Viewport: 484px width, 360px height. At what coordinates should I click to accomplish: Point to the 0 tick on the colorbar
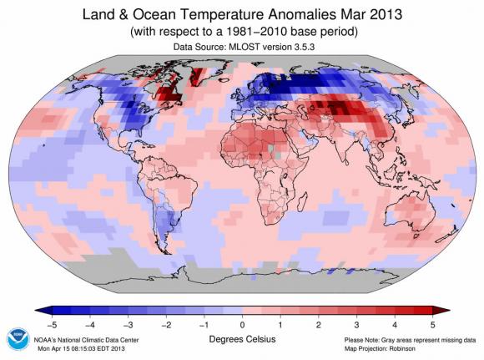[242, 322]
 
